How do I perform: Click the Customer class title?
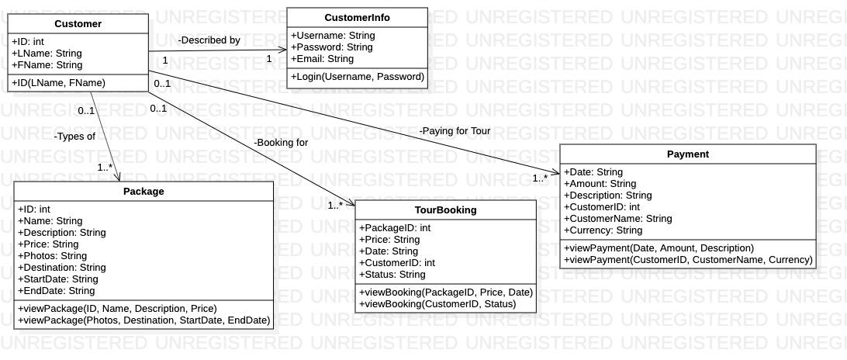78,24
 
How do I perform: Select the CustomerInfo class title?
357,18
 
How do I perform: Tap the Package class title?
143,191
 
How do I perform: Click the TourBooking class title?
445,210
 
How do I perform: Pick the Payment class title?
687,154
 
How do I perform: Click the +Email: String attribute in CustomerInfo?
322,59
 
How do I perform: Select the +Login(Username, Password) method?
358,77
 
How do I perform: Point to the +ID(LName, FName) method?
58,82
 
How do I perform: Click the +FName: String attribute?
47,65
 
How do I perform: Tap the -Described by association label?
209,40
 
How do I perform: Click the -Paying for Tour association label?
455,131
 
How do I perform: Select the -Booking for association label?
280,143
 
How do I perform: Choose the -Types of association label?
74,137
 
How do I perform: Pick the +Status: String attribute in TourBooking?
392,275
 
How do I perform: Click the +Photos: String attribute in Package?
52,256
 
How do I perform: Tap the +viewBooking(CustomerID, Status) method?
437,304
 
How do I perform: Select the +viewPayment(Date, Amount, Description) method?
659,248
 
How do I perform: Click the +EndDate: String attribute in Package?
56,291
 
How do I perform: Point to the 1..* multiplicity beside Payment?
540,178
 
